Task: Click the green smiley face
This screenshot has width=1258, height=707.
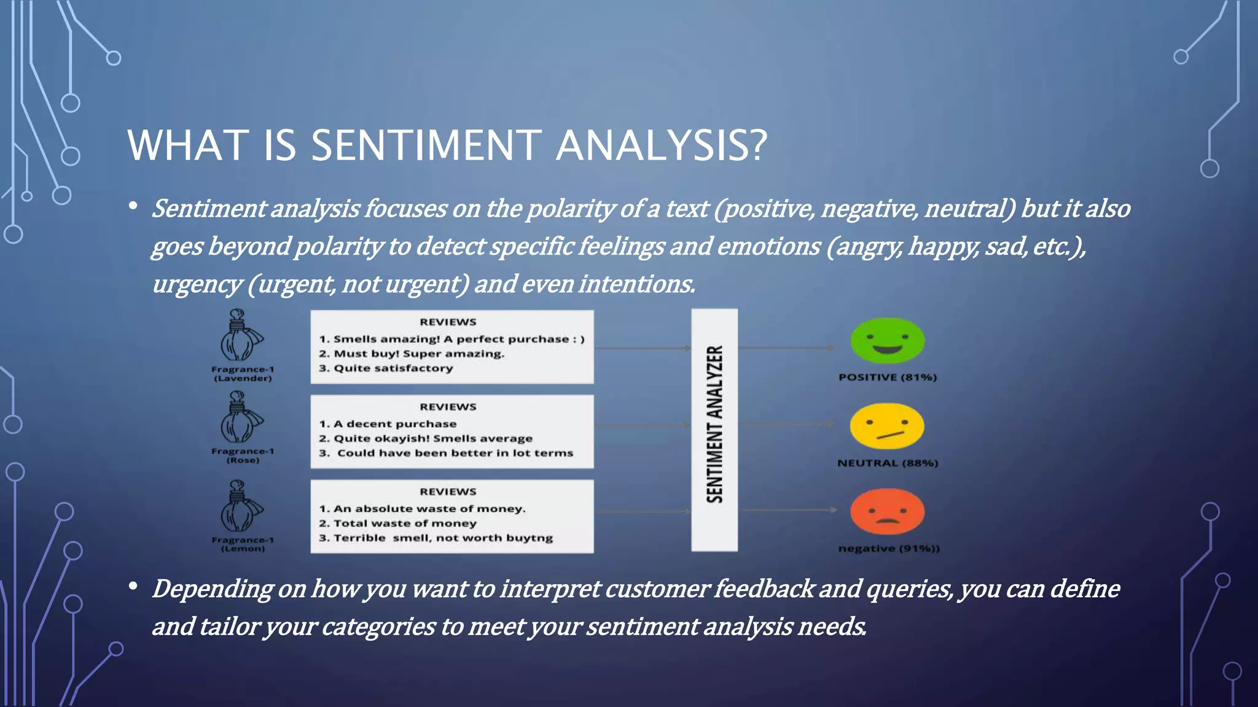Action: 887,341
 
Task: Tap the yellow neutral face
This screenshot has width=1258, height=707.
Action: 887,426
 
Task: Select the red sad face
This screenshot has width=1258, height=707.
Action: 887,511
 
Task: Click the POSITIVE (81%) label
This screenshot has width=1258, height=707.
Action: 888,377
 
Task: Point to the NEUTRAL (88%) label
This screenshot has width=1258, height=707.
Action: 888,463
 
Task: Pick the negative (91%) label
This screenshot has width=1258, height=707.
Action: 888,549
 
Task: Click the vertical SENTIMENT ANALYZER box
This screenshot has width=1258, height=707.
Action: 714,430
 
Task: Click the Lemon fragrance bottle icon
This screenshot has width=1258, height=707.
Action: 240,508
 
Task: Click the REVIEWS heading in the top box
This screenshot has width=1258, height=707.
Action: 448,322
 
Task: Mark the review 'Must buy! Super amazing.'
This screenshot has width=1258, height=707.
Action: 418,354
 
